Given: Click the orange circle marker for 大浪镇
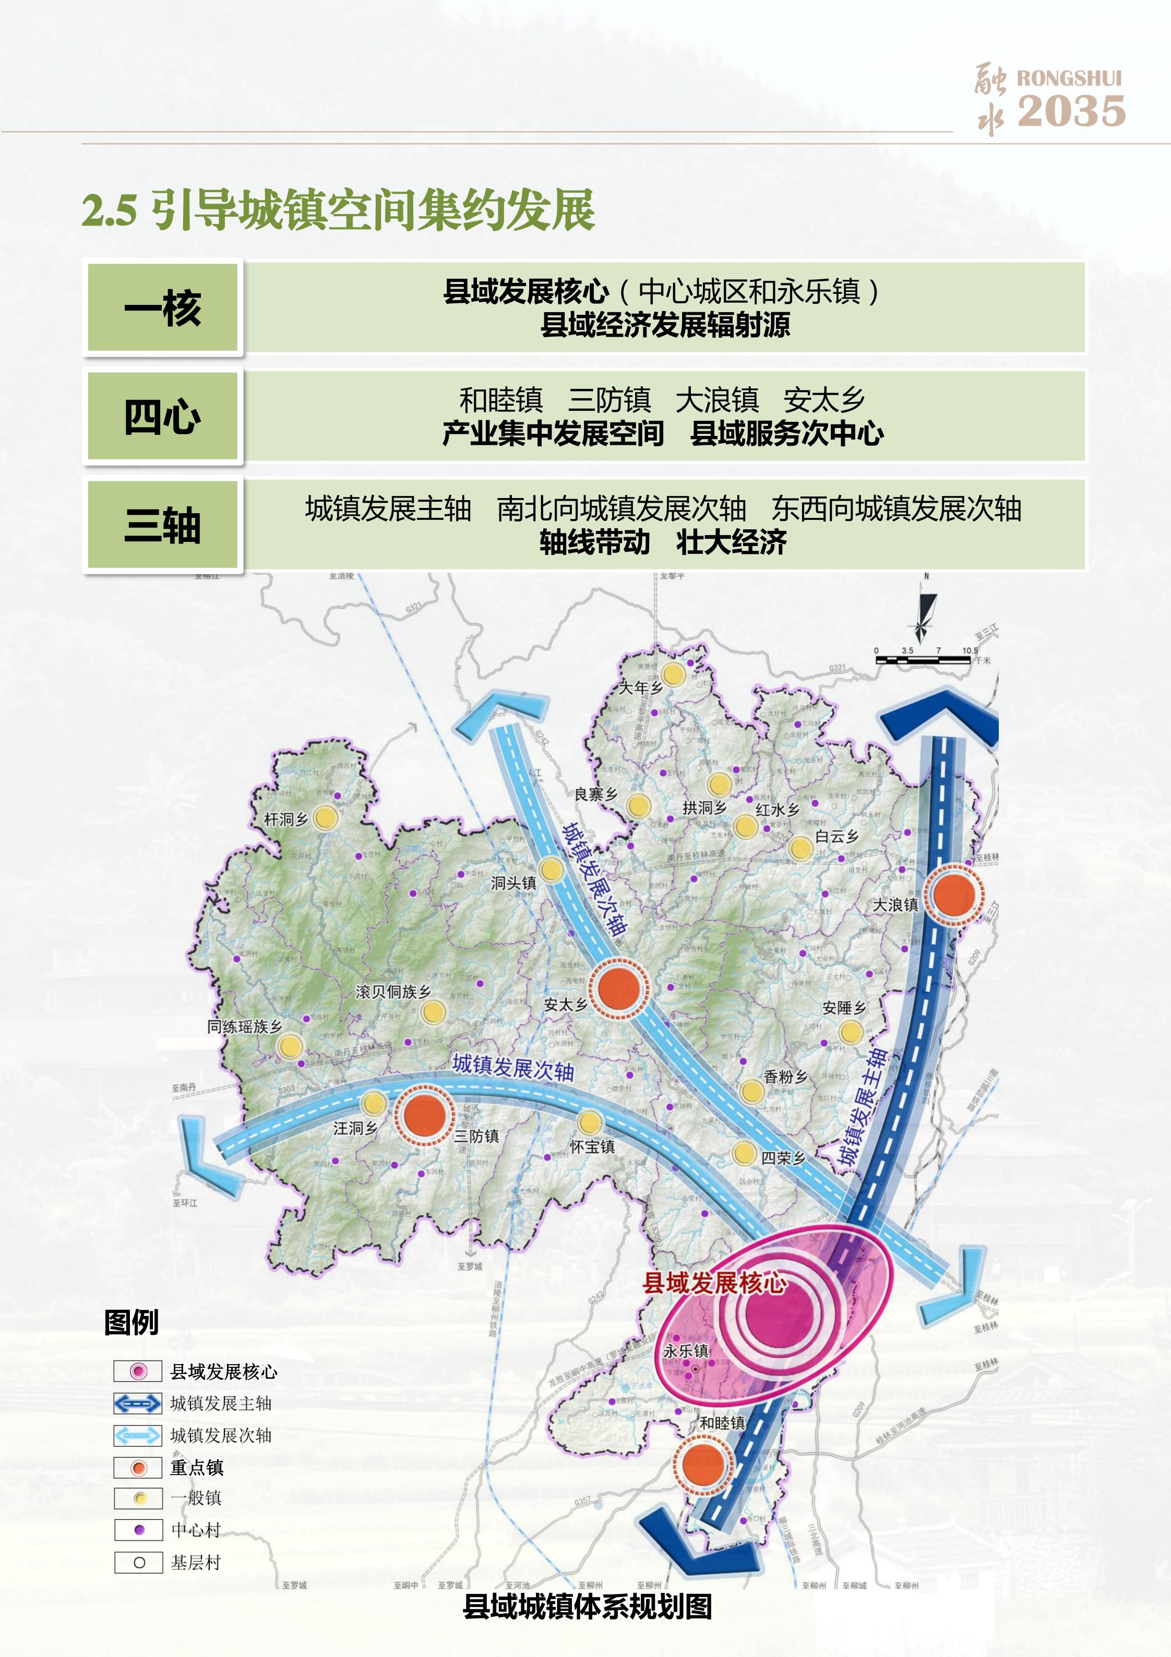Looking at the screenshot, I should point(954,894).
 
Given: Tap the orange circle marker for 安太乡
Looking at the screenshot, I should point(619,988).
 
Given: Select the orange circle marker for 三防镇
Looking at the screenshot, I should point(424,1115).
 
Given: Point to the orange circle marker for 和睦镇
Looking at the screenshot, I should point(703,1464).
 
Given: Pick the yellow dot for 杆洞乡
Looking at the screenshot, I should point(326,818).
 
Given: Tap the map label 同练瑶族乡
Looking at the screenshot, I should point(244,1026).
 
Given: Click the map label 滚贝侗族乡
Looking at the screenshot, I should point(393,991).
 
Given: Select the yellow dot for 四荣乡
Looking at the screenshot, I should point(744,1153).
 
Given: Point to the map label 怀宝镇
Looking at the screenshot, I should point(592,1147).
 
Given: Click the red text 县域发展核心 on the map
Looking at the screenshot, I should point(714,1283).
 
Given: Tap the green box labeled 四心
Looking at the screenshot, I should point(162,417).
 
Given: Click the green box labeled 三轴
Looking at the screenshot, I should point(162,525).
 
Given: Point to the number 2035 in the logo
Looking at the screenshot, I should point(1071,111).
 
